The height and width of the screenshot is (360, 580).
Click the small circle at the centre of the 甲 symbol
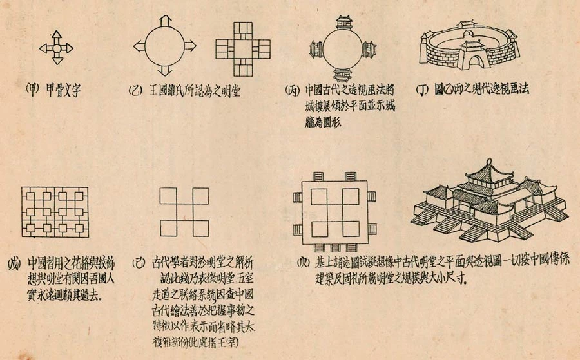[57, 48]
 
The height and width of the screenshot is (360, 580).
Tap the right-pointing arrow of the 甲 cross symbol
[70, 48]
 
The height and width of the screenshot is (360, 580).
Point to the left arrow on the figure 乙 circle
[139, 47]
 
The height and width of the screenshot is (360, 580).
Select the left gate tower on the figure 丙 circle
[316, 49]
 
